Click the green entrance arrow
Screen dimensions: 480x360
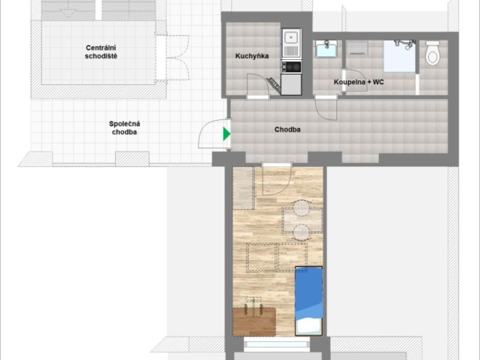[x=226, y=134]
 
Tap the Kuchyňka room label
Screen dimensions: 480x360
[x=252, y=56]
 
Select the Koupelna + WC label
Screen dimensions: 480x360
[x=358, y=82]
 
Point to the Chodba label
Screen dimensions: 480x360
[x=288, y=130]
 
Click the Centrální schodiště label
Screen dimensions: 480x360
[x=101, y=52]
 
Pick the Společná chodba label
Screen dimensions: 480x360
[x=125, y=128]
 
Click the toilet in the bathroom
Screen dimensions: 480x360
[x=433, y=53]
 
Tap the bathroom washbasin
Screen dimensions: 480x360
[x=327, y=49]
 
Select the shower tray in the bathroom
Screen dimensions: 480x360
[x=400, y=57]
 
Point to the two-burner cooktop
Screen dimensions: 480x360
[x=291, y=66]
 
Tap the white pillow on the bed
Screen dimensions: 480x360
[x=309, y=326]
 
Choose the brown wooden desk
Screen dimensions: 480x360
[x=254, y=322]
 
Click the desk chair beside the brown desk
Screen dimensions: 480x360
[x=254, y=306]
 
